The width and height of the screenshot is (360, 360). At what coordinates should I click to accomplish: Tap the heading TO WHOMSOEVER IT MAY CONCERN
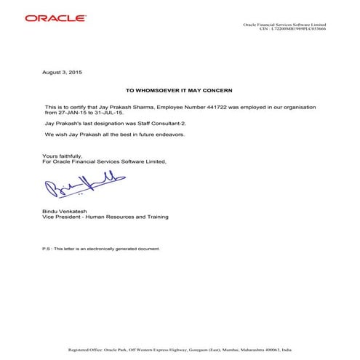click(179, 91)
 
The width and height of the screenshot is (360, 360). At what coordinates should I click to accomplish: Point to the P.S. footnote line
click(101, 249)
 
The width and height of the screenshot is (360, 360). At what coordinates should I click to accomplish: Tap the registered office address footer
click(180, 350)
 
